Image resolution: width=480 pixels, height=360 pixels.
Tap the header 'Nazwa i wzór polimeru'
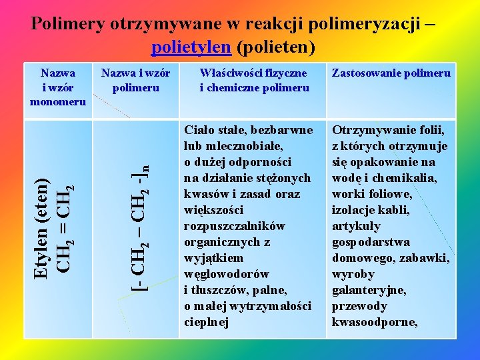pos(135,80)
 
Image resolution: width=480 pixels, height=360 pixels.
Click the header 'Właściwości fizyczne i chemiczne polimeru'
pos(254,80)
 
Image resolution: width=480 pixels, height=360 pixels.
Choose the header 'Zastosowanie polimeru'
pos(391,73)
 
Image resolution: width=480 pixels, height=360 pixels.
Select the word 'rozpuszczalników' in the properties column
pos(234,226)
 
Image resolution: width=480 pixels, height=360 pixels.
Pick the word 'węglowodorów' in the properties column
pos(227,274)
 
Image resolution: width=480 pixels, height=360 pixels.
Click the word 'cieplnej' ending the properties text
pos(206,322)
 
